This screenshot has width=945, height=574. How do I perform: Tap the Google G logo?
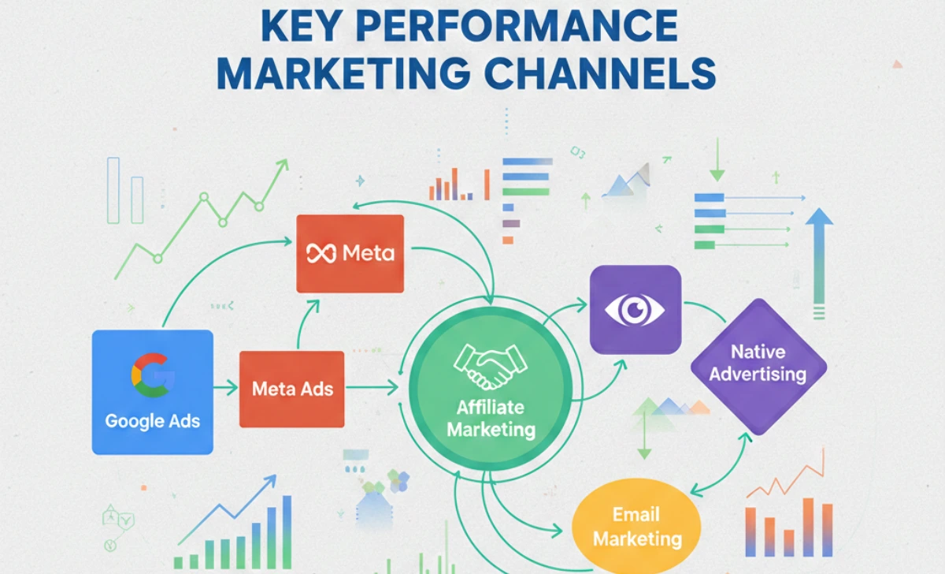pos(153,375)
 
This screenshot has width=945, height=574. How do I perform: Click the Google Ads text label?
pos(153,420)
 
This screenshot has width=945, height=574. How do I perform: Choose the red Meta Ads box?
pos(292,388)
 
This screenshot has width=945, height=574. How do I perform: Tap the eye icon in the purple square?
pos(635,308)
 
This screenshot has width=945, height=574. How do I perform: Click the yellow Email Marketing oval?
pos(636,527)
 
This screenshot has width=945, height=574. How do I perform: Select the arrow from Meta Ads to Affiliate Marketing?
pos(372,387)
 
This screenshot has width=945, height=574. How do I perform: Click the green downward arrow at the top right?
pos(717,162)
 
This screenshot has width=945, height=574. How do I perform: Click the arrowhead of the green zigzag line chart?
pos(281,166)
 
